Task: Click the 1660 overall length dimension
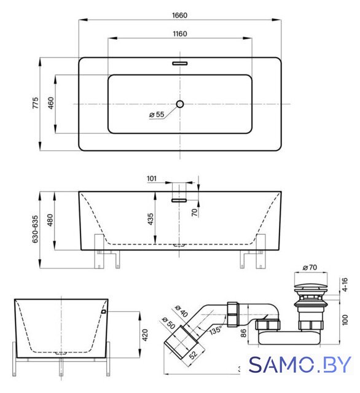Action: pos(179,15)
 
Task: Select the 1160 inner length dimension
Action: pos(180,34)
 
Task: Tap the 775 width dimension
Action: pos(36,103)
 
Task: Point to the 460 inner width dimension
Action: pos(50,103)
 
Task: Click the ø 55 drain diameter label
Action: pos(157,115)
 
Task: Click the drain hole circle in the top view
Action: pos(180,104)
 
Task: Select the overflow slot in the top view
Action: pos(180,63)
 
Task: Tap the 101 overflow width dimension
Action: pos(152,179)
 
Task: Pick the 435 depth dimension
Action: pos(150,219)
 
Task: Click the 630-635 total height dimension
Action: pos(35,229)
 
